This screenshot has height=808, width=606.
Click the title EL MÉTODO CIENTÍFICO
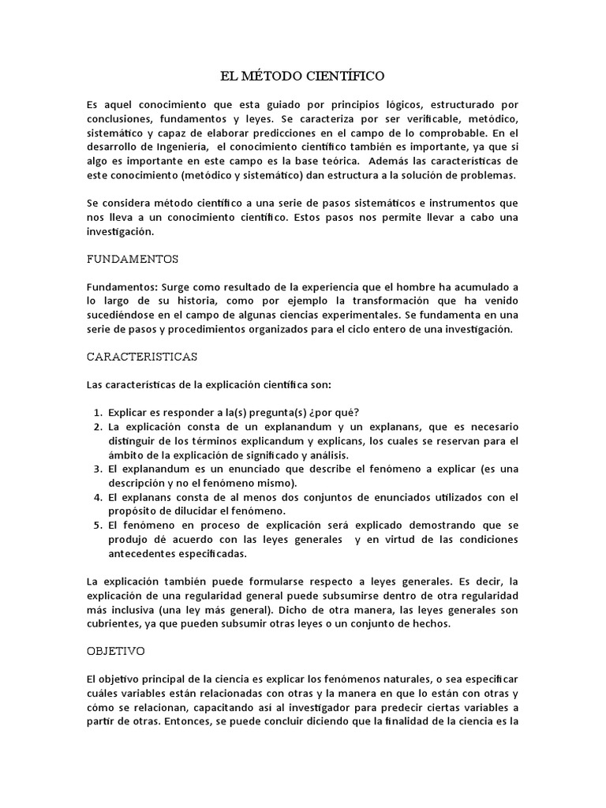[302, 77]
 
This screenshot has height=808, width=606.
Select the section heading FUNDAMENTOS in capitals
[132, 258]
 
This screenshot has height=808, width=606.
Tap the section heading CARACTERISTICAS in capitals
[141, 356]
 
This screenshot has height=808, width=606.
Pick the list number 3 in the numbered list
[97, 469]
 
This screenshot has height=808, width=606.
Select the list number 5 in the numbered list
[97, 525]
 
